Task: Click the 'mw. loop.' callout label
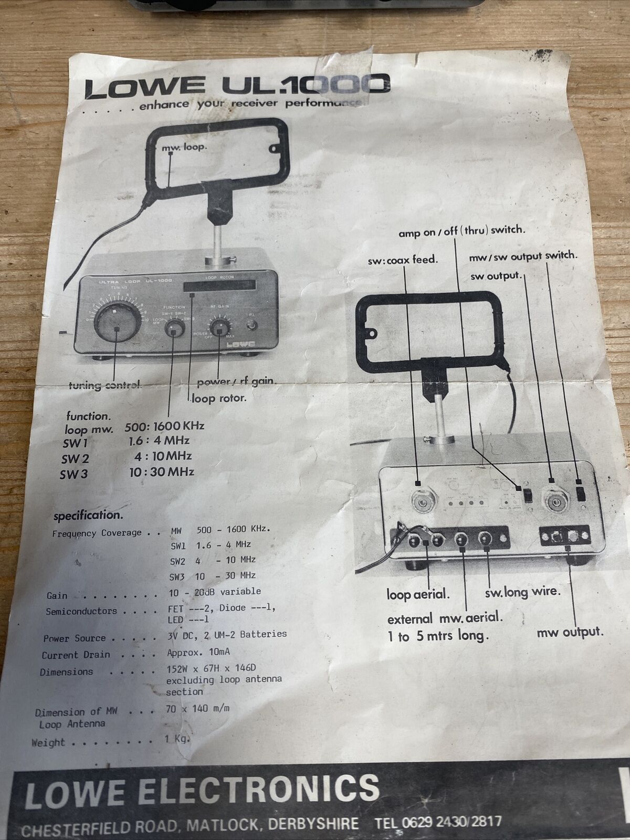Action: pos(184,148)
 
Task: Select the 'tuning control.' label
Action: pos(104,385)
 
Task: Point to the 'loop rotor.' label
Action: pos(218,398)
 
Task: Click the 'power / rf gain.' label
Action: pos(236,382)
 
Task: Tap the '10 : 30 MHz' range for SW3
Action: pos(162,472)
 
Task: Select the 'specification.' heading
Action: pos(88,516)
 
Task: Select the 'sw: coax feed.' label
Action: pos(403,260)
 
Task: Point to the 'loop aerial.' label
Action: pos(418,595)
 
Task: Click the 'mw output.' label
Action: pos(570,633)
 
